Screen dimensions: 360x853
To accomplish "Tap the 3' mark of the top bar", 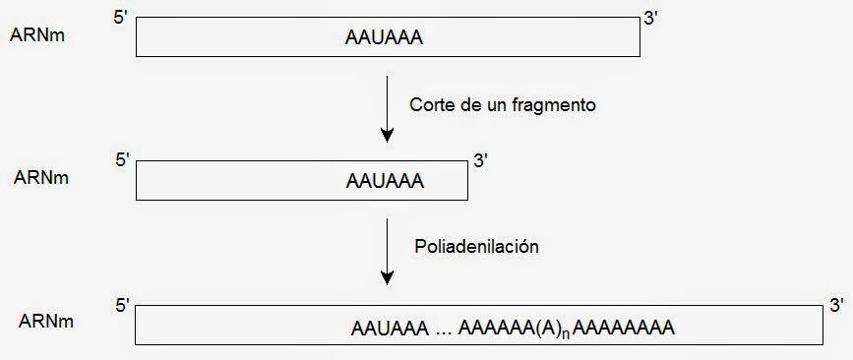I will coord(650,18).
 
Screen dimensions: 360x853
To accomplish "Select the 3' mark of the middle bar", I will coord(481,160).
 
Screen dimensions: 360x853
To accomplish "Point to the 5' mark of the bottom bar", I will coord(123,305).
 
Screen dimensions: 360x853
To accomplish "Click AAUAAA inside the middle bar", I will coord(385,181).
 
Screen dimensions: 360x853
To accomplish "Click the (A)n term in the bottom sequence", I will coord(549,328).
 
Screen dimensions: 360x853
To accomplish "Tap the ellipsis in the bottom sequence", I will coord(445,330).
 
